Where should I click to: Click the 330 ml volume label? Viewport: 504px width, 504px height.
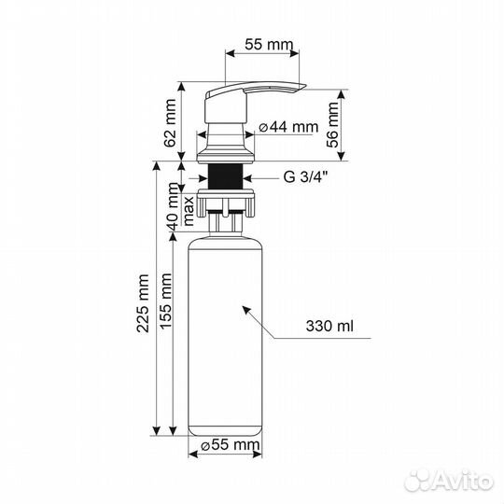click(329, 326)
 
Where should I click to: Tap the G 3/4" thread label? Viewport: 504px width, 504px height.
click(306, 176)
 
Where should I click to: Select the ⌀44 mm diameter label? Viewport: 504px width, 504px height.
click(288, 127)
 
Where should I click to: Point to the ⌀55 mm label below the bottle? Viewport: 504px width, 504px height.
click(230, 445)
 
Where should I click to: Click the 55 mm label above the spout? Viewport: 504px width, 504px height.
click(269, 45)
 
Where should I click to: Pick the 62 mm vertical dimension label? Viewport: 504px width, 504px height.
click(170, 123)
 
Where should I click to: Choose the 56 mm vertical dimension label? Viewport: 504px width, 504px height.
click(332, 125)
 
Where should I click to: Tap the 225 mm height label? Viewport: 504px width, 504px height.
click(143, 303)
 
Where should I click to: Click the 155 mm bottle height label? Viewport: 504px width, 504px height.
click(166, 301)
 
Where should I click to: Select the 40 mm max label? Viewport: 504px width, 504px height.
click(182, 206)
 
